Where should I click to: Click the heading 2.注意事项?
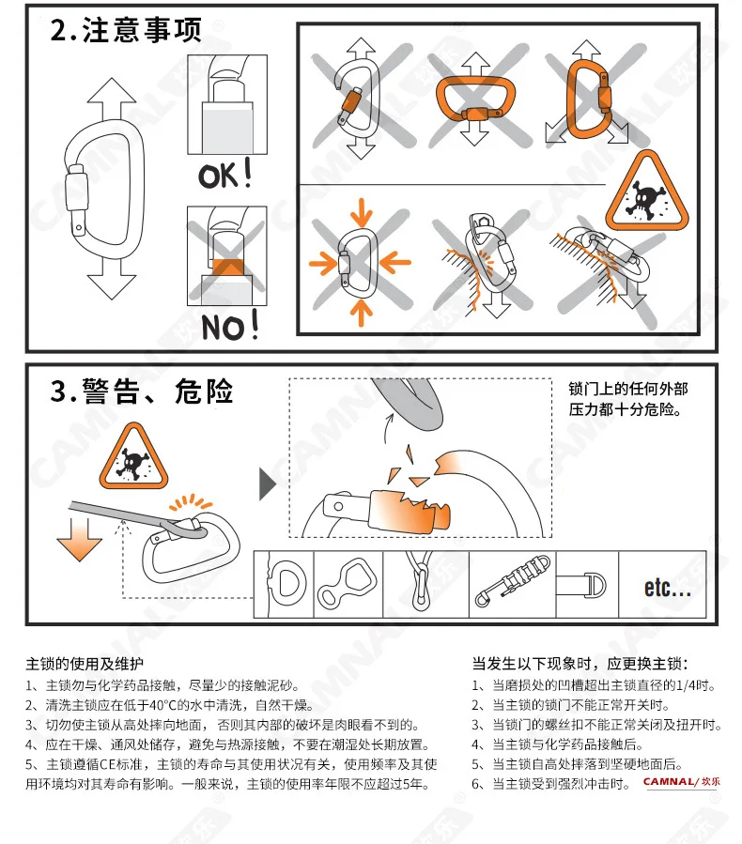pyautogui.click(x=126, y=30)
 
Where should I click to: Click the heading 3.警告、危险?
pyautogui.click(x=142, y=391)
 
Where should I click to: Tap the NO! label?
pyautogui.click(x=230, y=325)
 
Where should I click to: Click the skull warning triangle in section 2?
pyautogui.click(x=647, y=192)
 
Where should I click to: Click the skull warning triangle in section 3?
pyautogui.click(x=133, y=456)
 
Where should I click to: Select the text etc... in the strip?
pyautogui.click(x=667, y=587)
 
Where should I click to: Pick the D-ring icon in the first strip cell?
pyautogui.click(x=286, y=584)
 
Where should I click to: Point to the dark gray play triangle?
pyautogui.click(x=267, y=483)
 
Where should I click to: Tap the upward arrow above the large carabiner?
pyautogui.click(x=112, y=99)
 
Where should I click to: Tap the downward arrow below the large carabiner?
pyautogui.click(x=112, y=278)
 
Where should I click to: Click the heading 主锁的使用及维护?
pyautogui.click(x=85, y=664)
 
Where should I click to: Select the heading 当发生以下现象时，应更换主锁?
pyautogui.click(x=580, y=664)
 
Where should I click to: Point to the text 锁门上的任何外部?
pyautogui.click(x=627, y=389)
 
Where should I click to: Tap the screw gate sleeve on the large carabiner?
pyautogui.click(x=76, y=192)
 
